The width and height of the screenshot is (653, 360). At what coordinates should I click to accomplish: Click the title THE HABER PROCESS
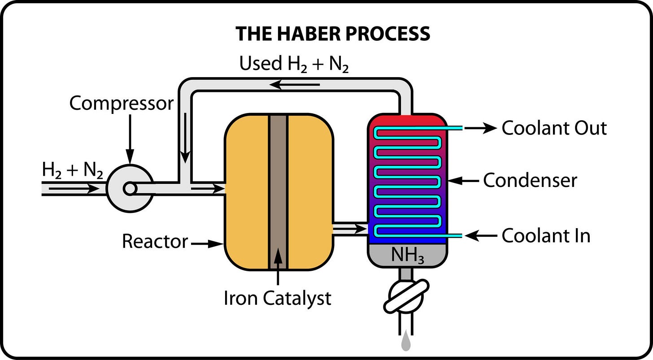[333, 34]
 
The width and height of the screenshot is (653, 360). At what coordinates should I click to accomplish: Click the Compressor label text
[121, 104]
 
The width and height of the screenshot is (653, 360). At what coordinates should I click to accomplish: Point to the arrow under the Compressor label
[130, 139]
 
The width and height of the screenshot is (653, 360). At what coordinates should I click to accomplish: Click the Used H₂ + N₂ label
[294, 64]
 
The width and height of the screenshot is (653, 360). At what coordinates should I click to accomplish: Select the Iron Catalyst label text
[278, 299]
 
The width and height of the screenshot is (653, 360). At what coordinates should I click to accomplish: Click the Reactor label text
[155, 242]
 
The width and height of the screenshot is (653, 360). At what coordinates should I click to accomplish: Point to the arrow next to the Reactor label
[207, 244]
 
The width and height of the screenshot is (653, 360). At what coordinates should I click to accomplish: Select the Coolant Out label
[554, 128]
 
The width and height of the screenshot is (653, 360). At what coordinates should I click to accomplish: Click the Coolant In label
[546, 236]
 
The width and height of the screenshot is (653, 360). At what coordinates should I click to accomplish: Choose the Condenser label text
[530, 181]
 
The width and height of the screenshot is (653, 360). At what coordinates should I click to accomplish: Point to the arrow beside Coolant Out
[481, 128]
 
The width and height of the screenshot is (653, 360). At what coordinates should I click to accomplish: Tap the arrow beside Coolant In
[481, 235]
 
